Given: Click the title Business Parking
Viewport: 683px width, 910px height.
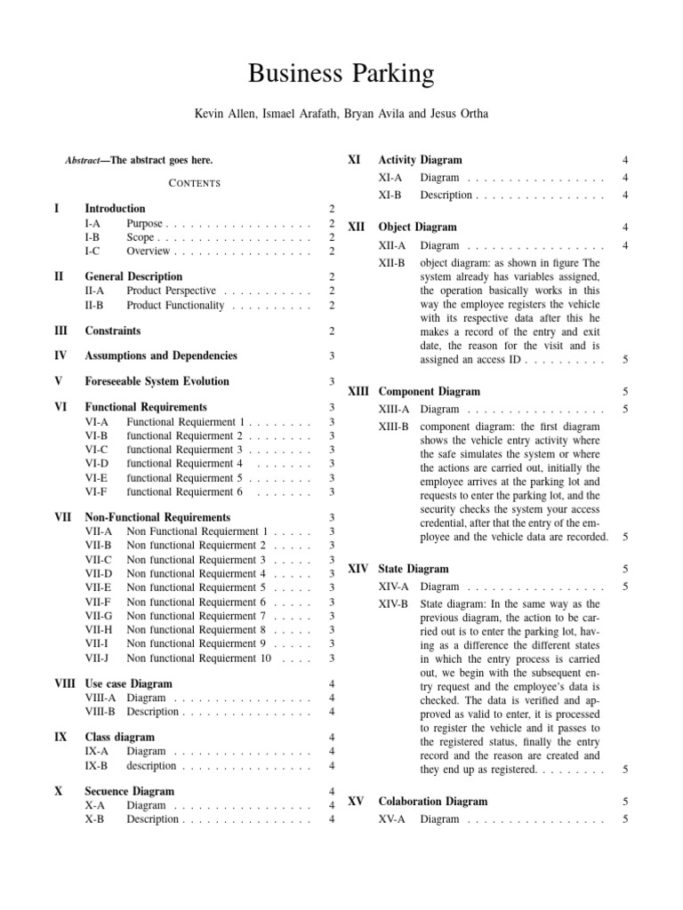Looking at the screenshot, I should tap(341, 71).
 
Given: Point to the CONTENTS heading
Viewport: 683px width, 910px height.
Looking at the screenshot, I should tap(194, 183).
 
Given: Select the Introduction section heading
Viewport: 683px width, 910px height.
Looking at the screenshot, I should tap(114, 208).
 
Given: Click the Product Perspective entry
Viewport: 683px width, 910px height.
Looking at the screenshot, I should tap(171, 290).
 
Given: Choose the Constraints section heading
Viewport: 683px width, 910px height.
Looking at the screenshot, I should tap(112, 331).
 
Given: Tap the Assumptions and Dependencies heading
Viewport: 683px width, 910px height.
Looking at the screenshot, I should tap(161, 355).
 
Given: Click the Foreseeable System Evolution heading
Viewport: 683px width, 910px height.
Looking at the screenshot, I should tap(157, 381).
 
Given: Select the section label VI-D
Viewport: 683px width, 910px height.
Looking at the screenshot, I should tap(97, 463).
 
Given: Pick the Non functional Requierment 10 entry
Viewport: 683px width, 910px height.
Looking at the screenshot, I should tap(199, 659).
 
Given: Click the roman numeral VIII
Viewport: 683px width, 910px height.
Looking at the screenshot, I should tap(63, 684).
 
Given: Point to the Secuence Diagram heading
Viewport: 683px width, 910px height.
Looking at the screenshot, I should tap(129, 791).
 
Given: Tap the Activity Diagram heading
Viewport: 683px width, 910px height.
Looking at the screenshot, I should tap(420, 160).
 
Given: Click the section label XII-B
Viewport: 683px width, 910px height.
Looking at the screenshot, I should tap(392, 263).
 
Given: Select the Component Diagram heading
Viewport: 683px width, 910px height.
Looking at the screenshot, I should tap(430, 391).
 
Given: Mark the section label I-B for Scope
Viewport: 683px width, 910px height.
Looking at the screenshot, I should tap(93, 237).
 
